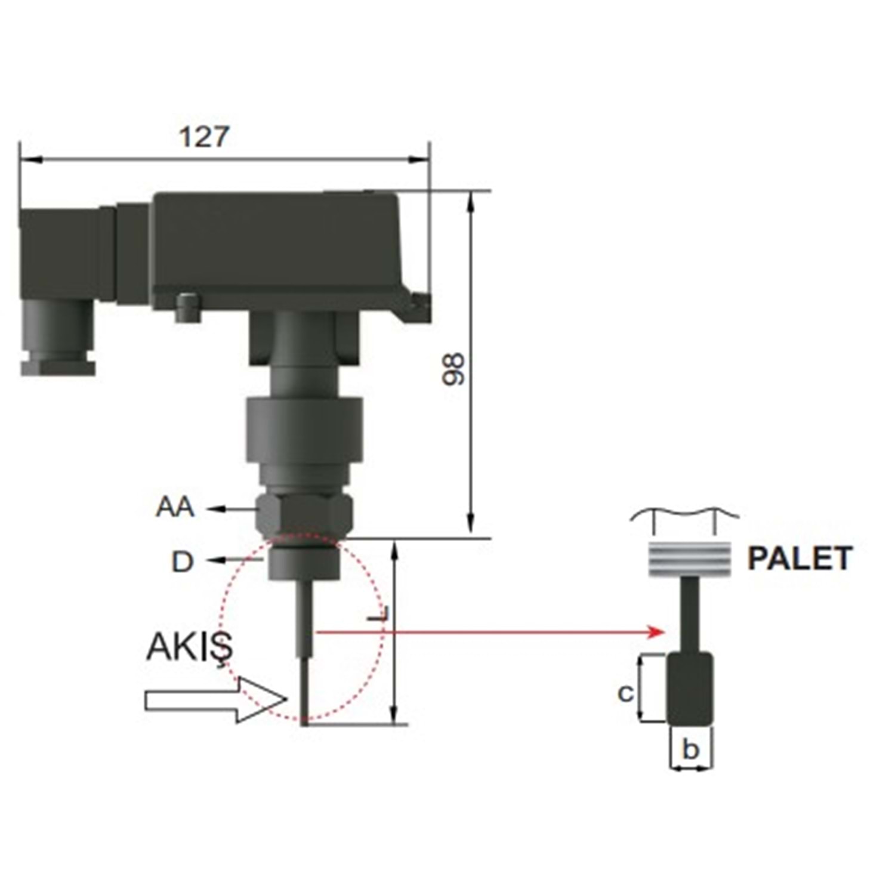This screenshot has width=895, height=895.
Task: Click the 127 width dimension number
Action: [x=203, y=137]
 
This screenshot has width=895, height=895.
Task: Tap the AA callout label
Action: [x=175, y=507]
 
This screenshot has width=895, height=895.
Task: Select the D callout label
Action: [x=183, y=561]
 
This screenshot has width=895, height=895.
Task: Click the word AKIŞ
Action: [x=189, y=647]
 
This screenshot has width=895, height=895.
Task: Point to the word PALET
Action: [x=800, y=559]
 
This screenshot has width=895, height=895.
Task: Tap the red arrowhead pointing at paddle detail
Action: [x=657, y=632]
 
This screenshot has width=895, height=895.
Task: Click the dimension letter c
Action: [x=625, y=693]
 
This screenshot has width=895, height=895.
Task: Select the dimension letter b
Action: [x=690, y=749]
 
